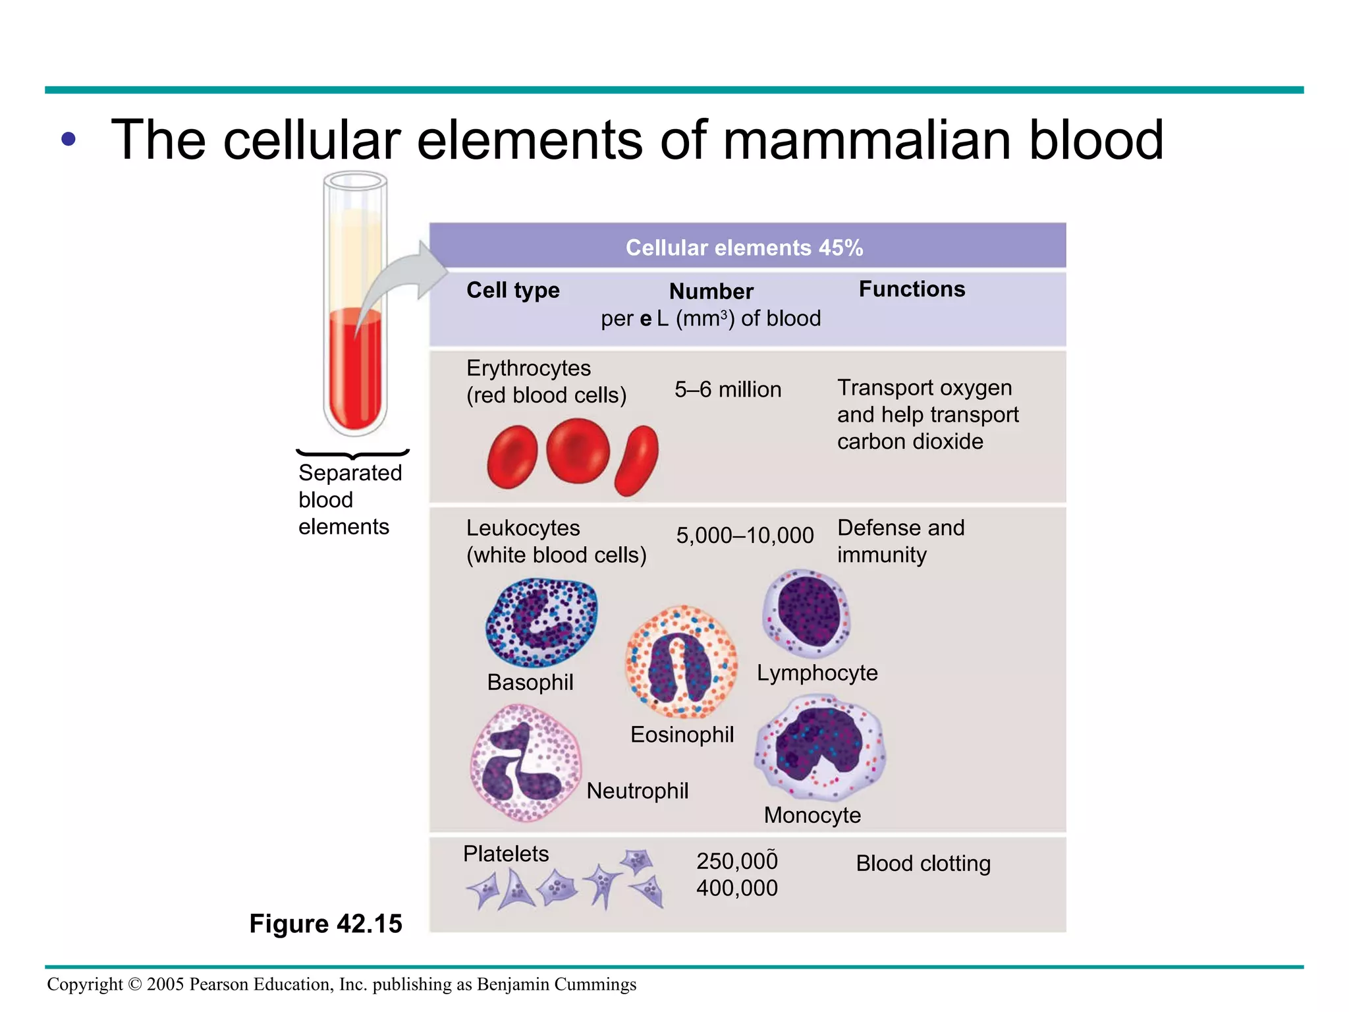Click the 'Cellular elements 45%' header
[744, 248]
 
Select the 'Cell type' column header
[512, 290]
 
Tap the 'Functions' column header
[912, 289]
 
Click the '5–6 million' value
[728, 389]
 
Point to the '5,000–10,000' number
[745, 535]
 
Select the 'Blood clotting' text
[923, 863]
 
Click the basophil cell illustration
[541, 622]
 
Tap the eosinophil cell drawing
[680, 661]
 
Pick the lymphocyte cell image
[806, 613]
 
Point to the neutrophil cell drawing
[525, 763]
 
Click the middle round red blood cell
[578, 451]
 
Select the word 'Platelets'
[505, 854]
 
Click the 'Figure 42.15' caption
[325, 924]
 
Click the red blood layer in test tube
[354, 369]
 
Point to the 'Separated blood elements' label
[349, 499]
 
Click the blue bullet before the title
[68, 139]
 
